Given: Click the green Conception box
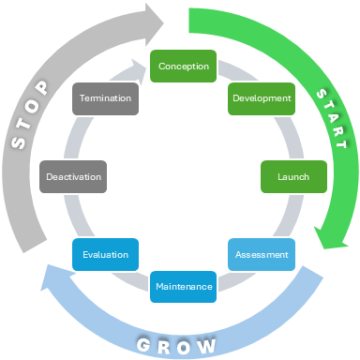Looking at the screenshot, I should (184, 67).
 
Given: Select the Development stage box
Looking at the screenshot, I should (262, 98).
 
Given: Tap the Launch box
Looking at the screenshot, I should (292, 176).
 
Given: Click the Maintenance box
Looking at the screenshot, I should (184, 286).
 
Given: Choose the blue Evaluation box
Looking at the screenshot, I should (105, 254).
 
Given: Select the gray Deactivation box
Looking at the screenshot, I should (73, 176).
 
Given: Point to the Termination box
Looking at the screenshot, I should (105, 98).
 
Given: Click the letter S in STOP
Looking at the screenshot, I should (18, 143).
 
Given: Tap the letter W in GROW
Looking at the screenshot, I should (213, 344).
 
